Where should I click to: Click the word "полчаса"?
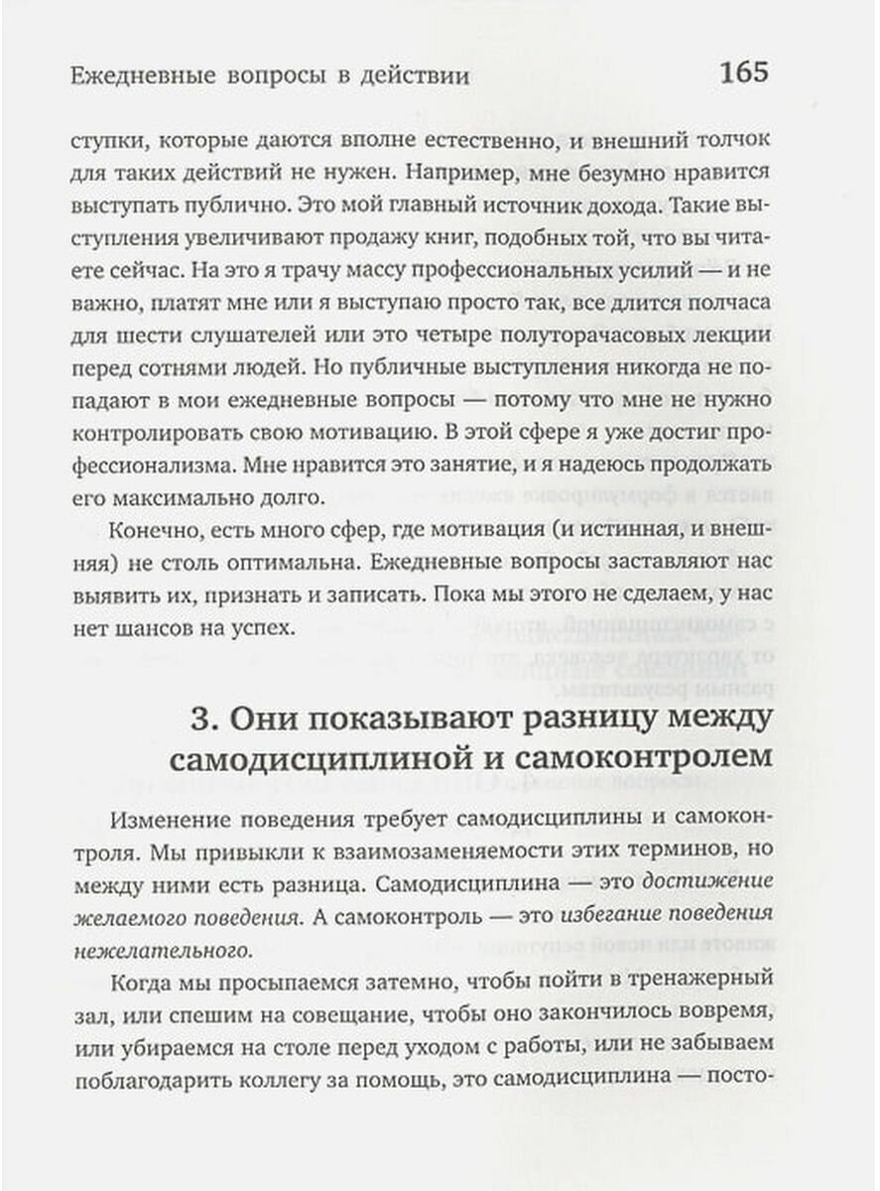tap(733, 302)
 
